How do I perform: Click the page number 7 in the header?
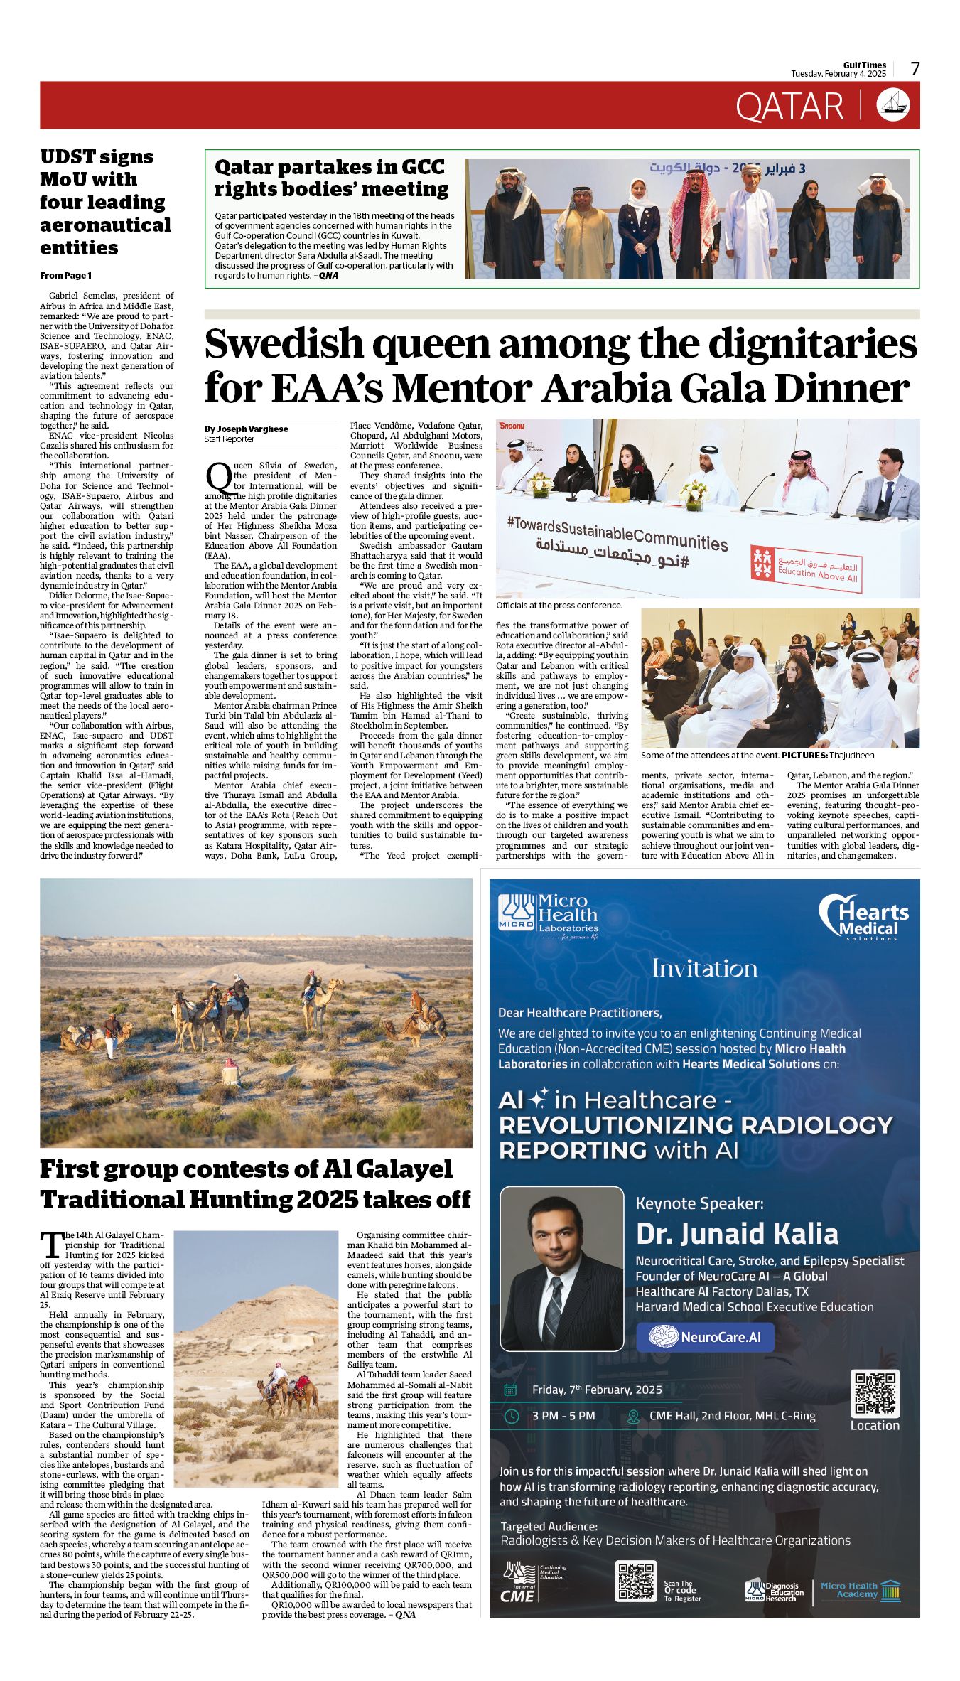tap(915, 69)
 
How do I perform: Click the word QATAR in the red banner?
tap(789, 107)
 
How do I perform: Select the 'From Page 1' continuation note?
tap(65, 276)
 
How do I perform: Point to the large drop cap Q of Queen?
tap(218, 477)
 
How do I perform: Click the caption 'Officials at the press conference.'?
tap(559, 606)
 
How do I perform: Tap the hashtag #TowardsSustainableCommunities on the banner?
tap(617, 533)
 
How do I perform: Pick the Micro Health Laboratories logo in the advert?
tap(548, 916)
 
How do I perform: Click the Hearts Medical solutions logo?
tap(863, 917)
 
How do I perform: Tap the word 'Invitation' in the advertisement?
tap(704, 969)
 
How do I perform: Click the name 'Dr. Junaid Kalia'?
tap(737, 1233)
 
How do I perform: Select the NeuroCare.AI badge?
tap(705, 1337)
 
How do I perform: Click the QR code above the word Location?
tap(875, 1395)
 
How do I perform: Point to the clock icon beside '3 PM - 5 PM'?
tap(511, 1416)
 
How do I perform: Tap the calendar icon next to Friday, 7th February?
tap(510, 1390)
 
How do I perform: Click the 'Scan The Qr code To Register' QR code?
tap(635, 1581)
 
